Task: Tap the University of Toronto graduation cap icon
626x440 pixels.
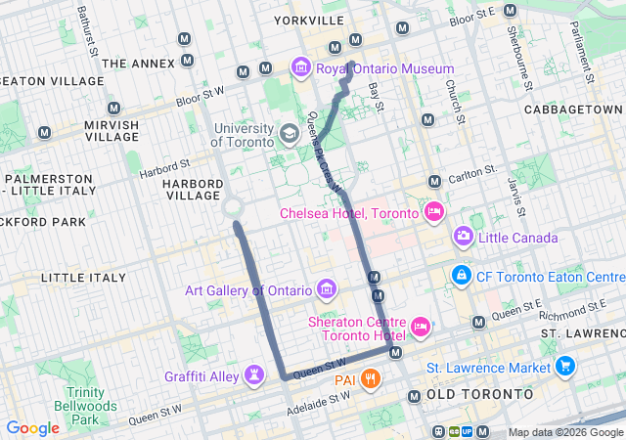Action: click(290, 133)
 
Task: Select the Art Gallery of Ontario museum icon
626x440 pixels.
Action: click(327, 289)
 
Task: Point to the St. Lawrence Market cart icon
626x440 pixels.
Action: click(564, 368)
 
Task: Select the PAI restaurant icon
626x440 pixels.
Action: click(370, 379)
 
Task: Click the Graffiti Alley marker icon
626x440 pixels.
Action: click(254, 374)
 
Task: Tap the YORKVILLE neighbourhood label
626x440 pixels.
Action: click(309, 20)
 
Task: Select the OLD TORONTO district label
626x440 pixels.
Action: click(480, 394)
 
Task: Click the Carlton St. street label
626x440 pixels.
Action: click(472, 174)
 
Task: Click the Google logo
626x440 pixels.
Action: click(32, 428)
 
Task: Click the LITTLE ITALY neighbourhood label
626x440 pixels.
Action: click(83, 278)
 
